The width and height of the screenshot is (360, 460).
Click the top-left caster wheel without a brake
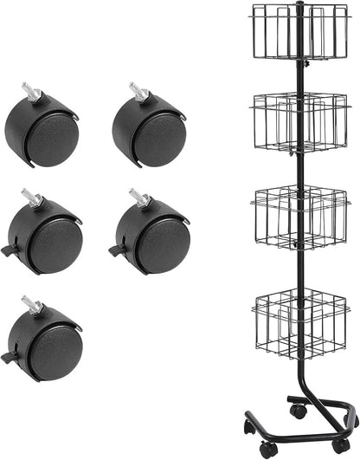pos(43,135)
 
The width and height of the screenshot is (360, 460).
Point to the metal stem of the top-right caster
pos(138,89)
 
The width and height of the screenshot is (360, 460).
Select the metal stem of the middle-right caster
pos(138,197)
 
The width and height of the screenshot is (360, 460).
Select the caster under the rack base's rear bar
pos(299,411)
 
